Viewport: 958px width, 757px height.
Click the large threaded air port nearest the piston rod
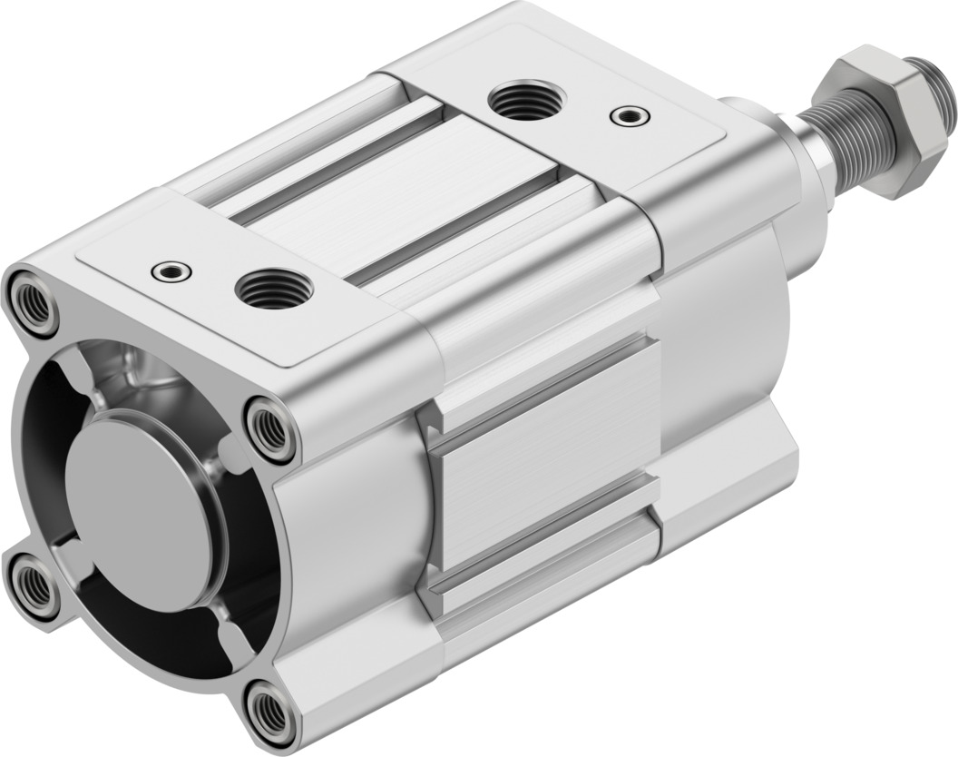pos(527,102)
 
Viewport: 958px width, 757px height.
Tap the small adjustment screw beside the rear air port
pos(171,270)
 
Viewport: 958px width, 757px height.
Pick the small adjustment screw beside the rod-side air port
pos(629,115)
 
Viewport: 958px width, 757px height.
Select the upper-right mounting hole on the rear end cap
pos(270,428)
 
